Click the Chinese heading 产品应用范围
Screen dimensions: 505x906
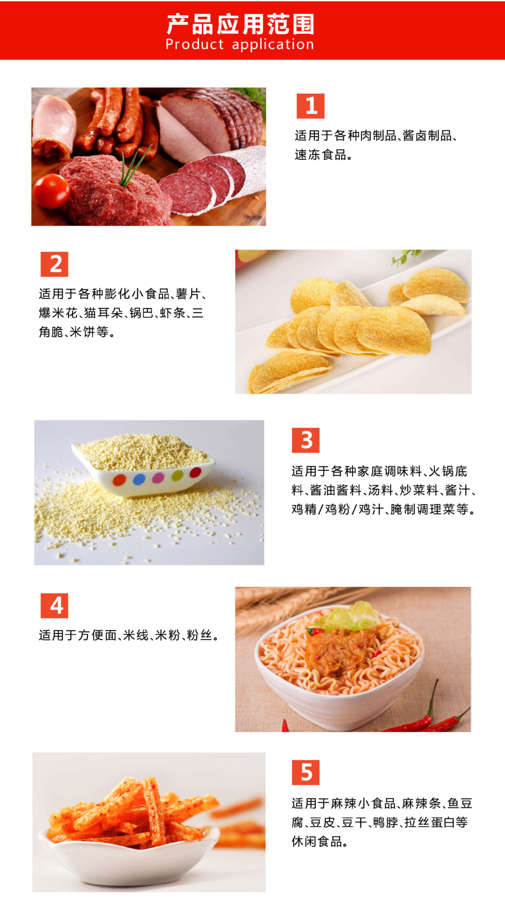point(240,24)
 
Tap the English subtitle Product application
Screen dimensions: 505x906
point(240,44)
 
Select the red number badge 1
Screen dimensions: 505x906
point(310,106)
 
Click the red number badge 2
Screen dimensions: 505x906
point(55,264)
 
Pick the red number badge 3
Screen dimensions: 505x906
point(306,440)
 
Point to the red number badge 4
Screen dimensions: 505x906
point(55,605)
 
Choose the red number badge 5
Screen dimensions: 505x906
point(306,772)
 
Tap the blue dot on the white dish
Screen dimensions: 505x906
point(139,479)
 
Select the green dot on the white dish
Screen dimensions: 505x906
point(177,476)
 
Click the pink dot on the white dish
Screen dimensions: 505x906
point(158,478)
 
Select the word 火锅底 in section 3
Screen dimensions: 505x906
point(448,471)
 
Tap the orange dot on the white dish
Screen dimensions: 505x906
point(120,480)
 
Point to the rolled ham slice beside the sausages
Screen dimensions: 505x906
point(54,126)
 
